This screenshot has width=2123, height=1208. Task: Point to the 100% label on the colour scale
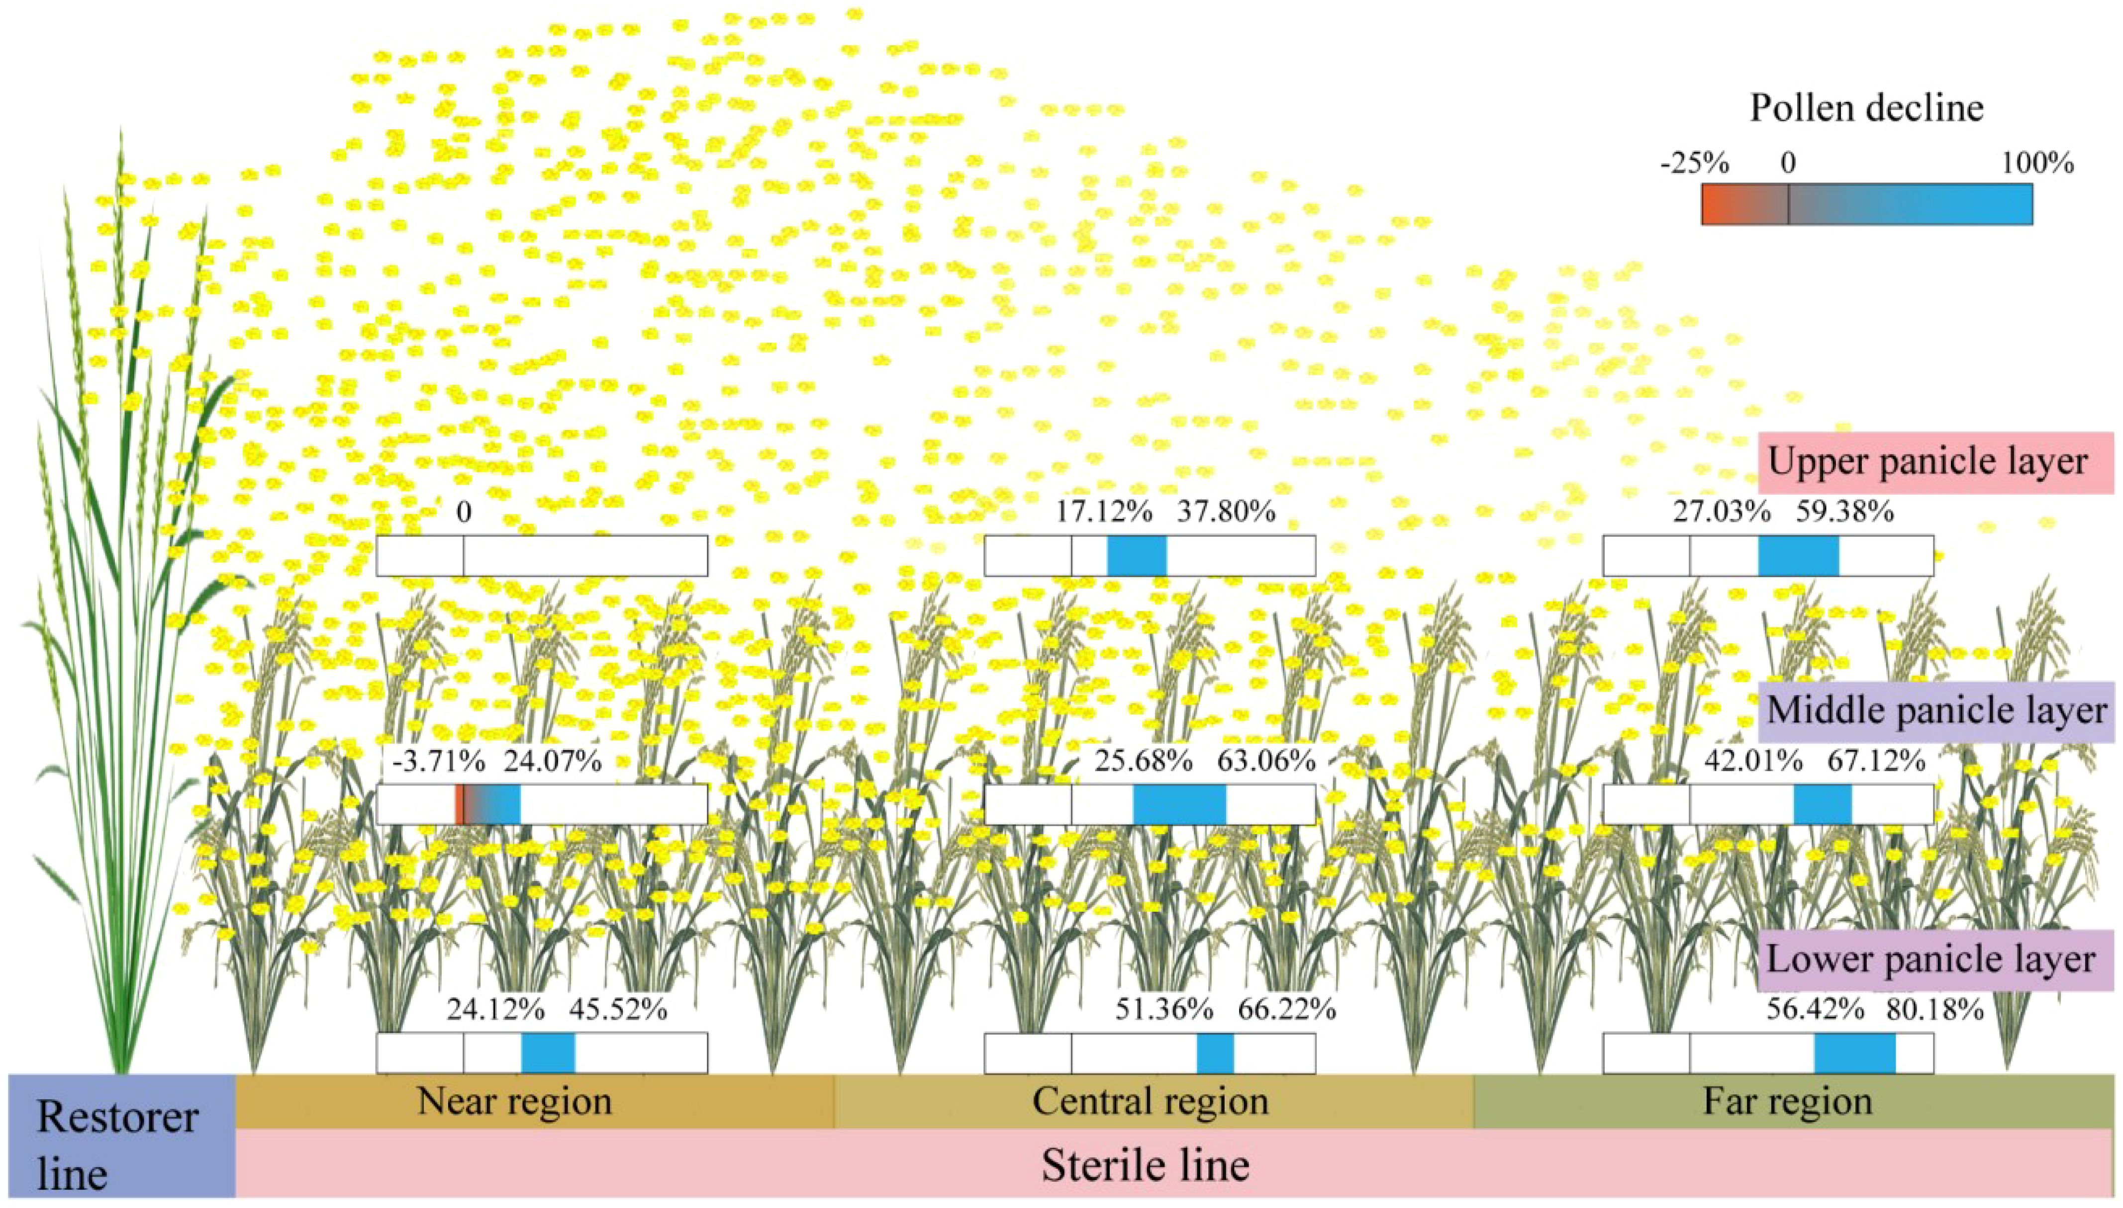pyautogui.click(x=2037, y=164)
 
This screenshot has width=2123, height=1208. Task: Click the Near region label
pyautogui.click(x=514, y=1101)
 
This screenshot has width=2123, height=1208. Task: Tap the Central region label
pyautogui.click(x=1151, y=1101)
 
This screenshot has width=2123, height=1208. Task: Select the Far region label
pyautogui.click(x=1787, y=1101)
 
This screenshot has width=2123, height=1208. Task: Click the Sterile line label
pyautogui.click(x=1146, y=1165)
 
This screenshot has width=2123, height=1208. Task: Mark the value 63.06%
pyautogui.click(x=1265, y=761)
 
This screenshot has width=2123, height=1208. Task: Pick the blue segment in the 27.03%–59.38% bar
pyautogui.click(x=1798, y=555)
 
